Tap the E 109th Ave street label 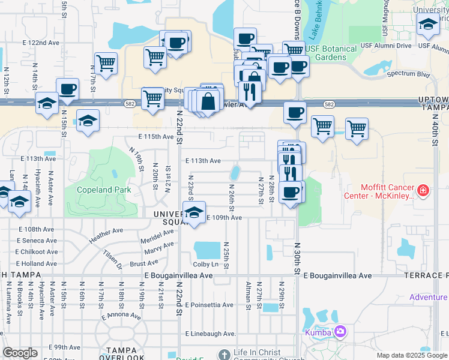(x=224, y=218)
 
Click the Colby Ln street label (x=205, y=264)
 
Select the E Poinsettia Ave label (x=211, y=305)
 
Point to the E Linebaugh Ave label (x=211, y=334)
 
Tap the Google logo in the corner (x=20, y=353)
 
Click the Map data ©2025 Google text (x=412, y=356)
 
